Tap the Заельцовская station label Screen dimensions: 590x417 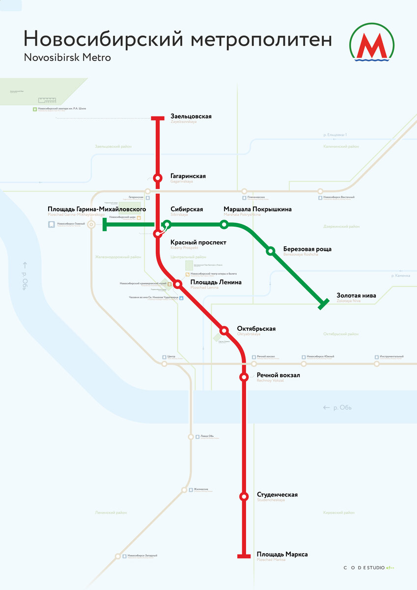tap(191, 117)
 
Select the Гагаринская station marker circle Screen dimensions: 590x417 tap(158, 178)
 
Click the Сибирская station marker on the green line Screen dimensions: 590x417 tap(167, 225)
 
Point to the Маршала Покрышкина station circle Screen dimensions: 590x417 tap(224, 225)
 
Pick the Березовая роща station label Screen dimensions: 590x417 tap(307, 249)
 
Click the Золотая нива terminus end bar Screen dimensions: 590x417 tap(323, 304)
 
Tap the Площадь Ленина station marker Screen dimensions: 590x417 tap(178, 284)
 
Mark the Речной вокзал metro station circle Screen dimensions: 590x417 tap(244, 377)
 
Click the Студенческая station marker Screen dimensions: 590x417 tap(244, 497)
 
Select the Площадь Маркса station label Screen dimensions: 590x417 tap(282, 555)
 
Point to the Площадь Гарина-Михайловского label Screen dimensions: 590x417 tap(97, 209)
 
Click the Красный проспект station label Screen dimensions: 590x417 tap(198, 242)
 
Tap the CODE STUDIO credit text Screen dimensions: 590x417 tap(368, 568)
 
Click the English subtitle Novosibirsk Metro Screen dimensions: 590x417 tap(67, 58)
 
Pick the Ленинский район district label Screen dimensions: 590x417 tap(111, 512)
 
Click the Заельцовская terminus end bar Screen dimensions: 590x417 tap(158, 118)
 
